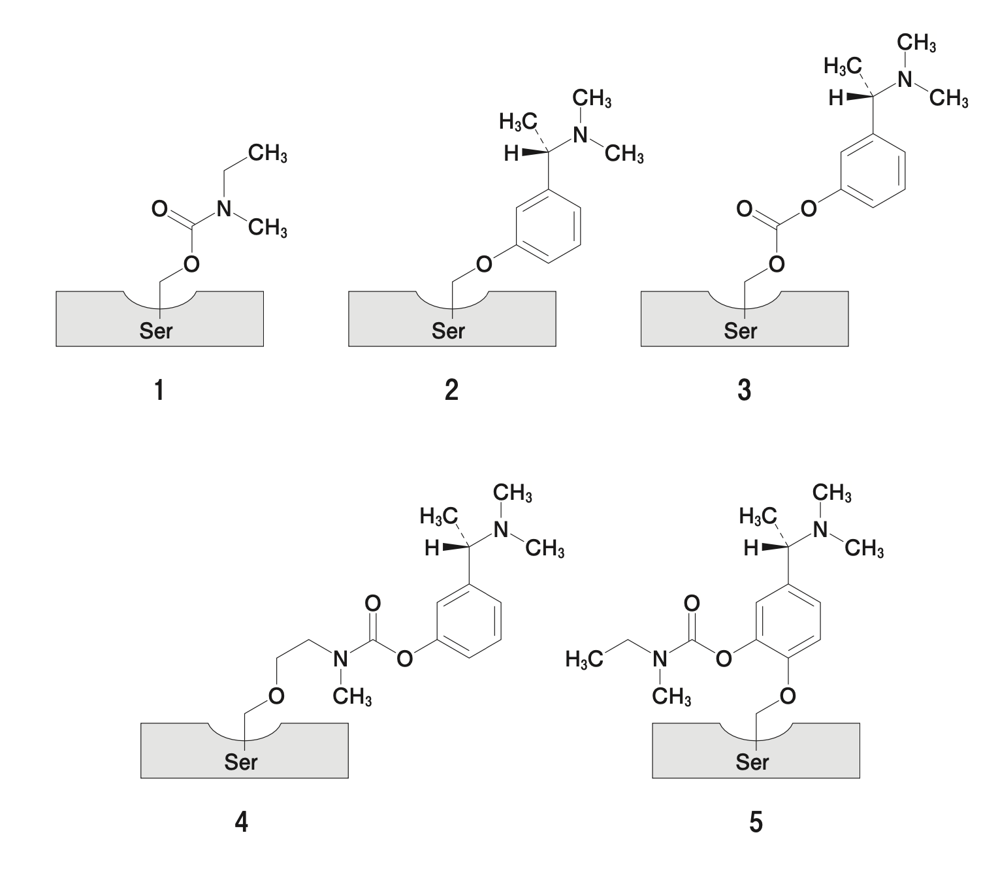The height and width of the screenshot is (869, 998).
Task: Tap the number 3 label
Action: point(744,391)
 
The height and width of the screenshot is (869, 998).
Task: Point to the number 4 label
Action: point(241,822)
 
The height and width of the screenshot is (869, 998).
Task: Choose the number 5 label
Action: point(756,822)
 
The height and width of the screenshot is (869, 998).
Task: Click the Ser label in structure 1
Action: point(156,331)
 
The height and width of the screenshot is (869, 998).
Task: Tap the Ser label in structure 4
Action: point(241,762)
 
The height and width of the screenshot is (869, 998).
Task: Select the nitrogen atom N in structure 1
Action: point(223,209)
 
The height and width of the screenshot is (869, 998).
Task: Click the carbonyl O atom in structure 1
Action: point(159,209)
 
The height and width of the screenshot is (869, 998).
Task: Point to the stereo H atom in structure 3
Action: point(835,99)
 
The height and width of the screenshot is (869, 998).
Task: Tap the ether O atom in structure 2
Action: point(483,265)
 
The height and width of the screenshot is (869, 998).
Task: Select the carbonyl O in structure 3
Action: point(744,209)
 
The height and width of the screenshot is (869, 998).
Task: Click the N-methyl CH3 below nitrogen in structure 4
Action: point(351,697)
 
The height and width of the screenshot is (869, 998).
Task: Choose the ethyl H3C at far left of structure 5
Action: point(584,659)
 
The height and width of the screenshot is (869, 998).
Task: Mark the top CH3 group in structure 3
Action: point(916,43)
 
